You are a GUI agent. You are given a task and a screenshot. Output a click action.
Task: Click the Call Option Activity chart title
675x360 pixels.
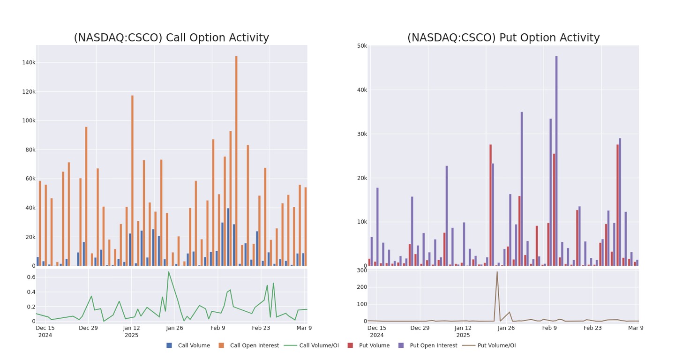(171, 38)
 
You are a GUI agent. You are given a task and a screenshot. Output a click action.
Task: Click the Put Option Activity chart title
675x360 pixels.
(503, 38)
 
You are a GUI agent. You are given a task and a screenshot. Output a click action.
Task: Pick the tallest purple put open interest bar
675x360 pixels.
(556, 161)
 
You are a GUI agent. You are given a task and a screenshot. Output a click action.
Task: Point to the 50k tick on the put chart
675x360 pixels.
(361, 45)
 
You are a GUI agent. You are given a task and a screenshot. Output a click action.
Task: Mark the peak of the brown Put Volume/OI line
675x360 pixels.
(497, 272)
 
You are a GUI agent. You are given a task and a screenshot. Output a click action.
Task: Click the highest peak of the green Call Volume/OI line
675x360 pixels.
(168, 272)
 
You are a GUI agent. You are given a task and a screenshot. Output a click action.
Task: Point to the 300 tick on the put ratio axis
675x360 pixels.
(361, 270)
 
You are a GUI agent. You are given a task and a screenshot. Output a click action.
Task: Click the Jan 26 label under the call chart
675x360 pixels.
(174, 328)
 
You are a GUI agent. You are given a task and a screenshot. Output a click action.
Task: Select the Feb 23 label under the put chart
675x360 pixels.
(592, 328)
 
